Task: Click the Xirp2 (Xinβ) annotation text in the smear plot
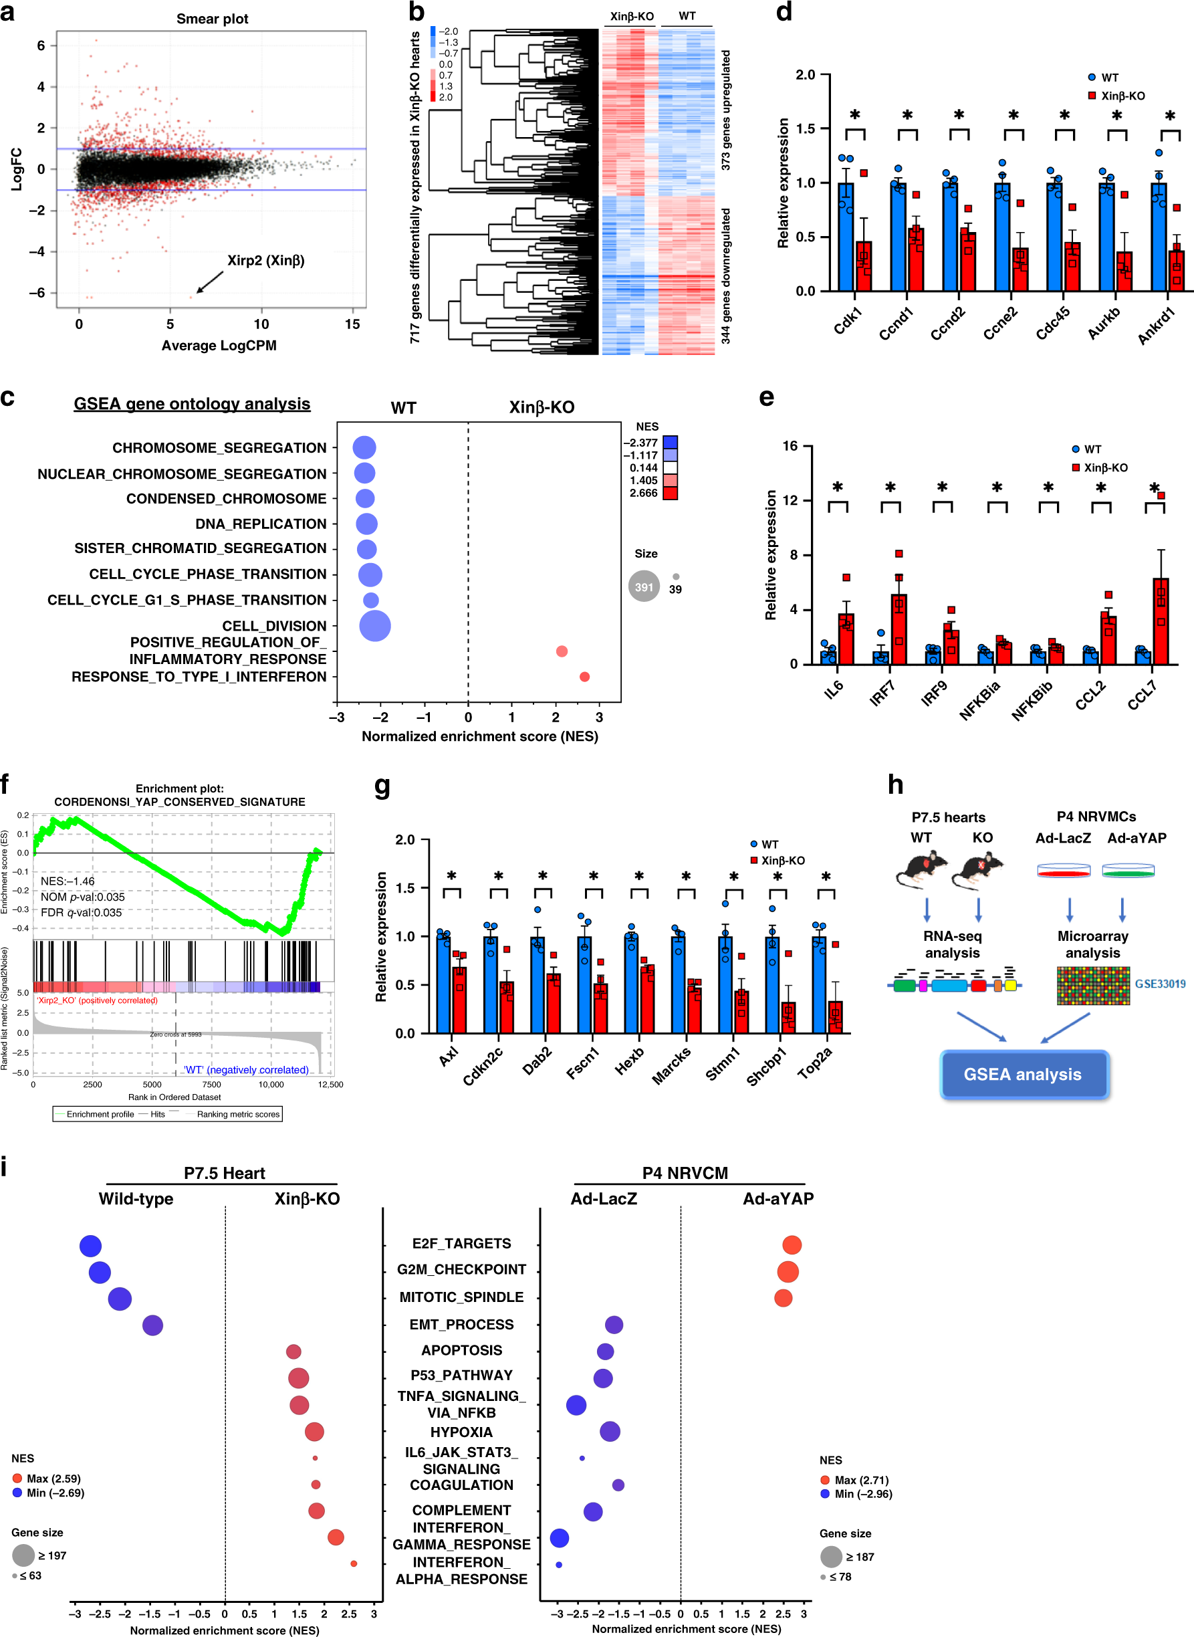pos(265,260)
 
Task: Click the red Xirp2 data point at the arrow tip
pos(191,296)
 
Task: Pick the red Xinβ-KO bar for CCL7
pos(1160,621)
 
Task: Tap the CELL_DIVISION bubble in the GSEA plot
pos(374,626)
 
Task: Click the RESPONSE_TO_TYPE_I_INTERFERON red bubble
pos(584,677)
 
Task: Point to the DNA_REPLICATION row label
pos(260,523)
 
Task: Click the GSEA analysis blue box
pos(1023,1074)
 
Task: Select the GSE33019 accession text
pos(1159,984)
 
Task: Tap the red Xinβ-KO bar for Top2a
pos(835,1017)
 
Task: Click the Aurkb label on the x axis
pos(1104,322)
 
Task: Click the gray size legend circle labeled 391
pos(643,586)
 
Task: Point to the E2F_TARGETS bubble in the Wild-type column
pos(90,1245)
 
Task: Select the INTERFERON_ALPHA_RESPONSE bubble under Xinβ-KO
pos(354,1563)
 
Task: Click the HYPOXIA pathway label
pos(461,1432)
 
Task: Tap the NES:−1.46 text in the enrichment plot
pos(68,881)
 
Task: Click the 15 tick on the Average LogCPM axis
pos(352,324)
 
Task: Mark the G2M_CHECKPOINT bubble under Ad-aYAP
pos(787,1271)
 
